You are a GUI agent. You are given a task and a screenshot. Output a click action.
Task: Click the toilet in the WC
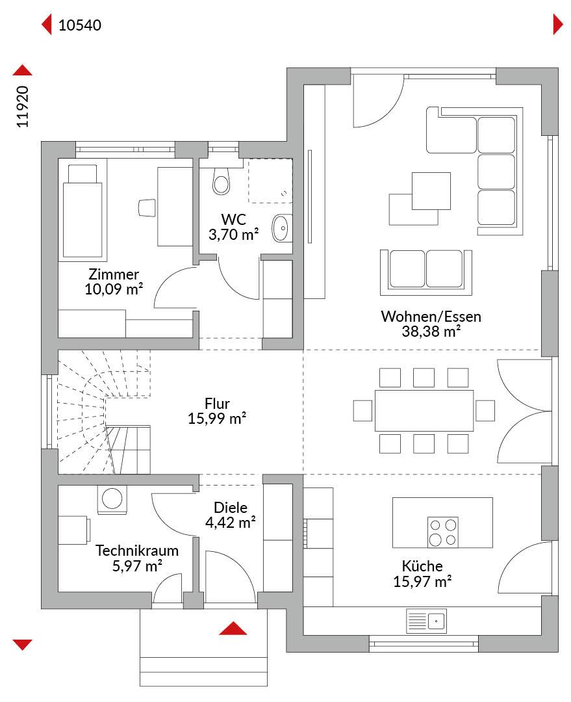click(x=221, y=181)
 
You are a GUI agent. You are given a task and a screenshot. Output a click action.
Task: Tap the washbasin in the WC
click(x=283, y=228)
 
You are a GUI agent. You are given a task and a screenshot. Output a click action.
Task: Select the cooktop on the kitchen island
click(x=442, y=532)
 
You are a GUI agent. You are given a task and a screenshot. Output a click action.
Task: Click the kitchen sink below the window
click(x=426, y=621)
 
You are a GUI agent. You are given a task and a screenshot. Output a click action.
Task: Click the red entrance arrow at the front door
click(x=233, y=628)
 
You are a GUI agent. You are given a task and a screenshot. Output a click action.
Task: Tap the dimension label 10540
click(x=80, y=25)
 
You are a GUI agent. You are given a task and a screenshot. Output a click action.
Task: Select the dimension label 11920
click(x=22, y=107)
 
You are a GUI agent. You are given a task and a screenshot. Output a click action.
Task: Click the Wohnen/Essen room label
click(x=431, y=317)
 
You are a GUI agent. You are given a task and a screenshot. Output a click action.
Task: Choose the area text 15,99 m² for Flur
click(x=216, y=419)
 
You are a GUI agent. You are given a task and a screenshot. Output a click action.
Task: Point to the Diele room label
click(x=231, y=507)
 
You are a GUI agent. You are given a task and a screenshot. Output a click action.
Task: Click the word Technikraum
click(x=137, y=551)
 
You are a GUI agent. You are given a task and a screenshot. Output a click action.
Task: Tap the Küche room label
click(x=422, y=566)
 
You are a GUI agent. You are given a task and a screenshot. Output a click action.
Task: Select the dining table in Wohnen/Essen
click(x=424, y=411)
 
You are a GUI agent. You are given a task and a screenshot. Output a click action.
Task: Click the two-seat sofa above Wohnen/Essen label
click(x=426, y=272)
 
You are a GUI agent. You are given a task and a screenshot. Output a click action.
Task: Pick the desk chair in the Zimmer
click(x=146, y=208)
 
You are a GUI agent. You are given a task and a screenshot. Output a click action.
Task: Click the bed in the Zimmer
click(x=82, y=213)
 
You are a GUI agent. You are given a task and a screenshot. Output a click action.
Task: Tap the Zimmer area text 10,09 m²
click(x=114, y=289)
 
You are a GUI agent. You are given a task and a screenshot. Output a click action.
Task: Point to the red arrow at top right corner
click(x=558, y=24)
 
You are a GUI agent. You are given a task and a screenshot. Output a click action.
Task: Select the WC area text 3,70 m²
click(x=233, y=235)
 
